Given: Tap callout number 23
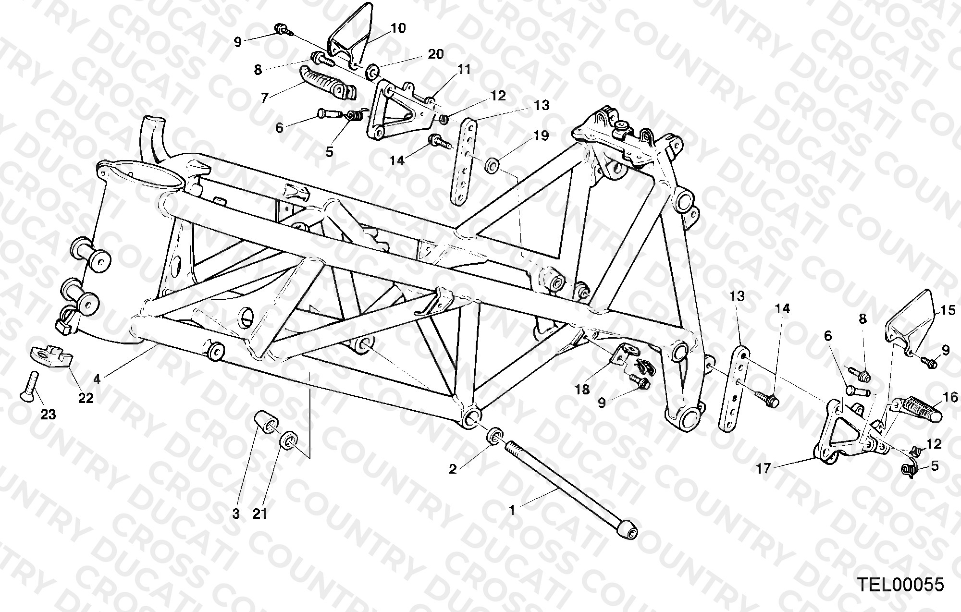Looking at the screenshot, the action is [48, 414].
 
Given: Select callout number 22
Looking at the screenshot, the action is [86, 398].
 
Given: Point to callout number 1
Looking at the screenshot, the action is [512, 510].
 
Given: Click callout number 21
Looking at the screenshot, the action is [259, 514].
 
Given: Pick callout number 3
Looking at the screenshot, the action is [235, 514].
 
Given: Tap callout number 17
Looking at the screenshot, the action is [763, 468].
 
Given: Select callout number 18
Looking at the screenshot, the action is [582, 389].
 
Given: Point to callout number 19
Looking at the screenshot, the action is [541, 136].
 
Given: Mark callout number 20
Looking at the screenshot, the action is [435, 54].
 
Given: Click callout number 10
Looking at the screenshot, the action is [398, 28].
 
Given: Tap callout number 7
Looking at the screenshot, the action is [264, 98].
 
